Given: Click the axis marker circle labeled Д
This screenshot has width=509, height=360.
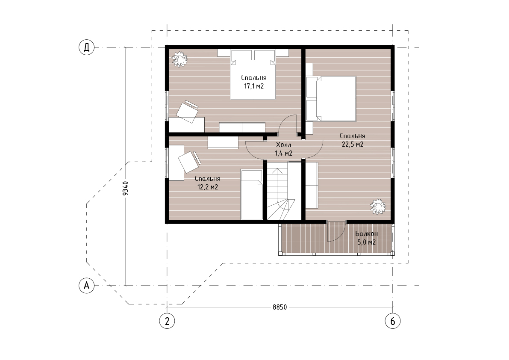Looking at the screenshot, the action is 87,47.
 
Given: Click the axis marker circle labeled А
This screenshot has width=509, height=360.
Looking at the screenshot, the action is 87,286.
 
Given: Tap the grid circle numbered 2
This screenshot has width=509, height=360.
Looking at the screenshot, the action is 167,321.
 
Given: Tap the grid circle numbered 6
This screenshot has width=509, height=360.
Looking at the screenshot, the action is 393,321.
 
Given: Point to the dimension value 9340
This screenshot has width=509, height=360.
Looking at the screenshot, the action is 125,188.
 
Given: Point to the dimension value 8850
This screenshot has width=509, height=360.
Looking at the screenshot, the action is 280,307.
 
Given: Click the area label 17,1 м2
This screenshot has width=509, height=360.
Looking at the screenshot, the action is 254,86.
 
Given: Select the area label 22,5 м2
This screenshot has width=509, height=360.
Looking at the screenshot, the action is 353,144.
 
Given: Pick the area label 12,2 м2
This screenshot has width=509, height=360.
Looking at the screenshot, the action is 208,187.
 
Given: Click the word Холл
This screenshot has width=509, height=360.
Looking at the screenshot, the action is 284,145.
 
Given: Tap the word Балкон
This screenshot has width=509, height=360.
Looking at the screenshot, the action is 367,234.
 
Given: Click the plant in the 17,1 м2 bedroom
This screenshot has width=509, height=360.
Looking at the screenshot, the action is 179,59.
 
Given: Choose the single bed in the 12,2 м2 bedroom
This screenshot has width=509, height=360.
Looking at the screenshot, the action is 252,194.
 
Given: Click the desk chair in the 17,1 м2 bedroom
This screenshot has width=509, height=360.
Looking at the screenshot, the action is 187,111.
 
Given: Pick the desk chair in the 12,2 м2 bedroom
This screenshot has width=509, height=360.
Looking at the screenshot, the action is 189,162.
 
